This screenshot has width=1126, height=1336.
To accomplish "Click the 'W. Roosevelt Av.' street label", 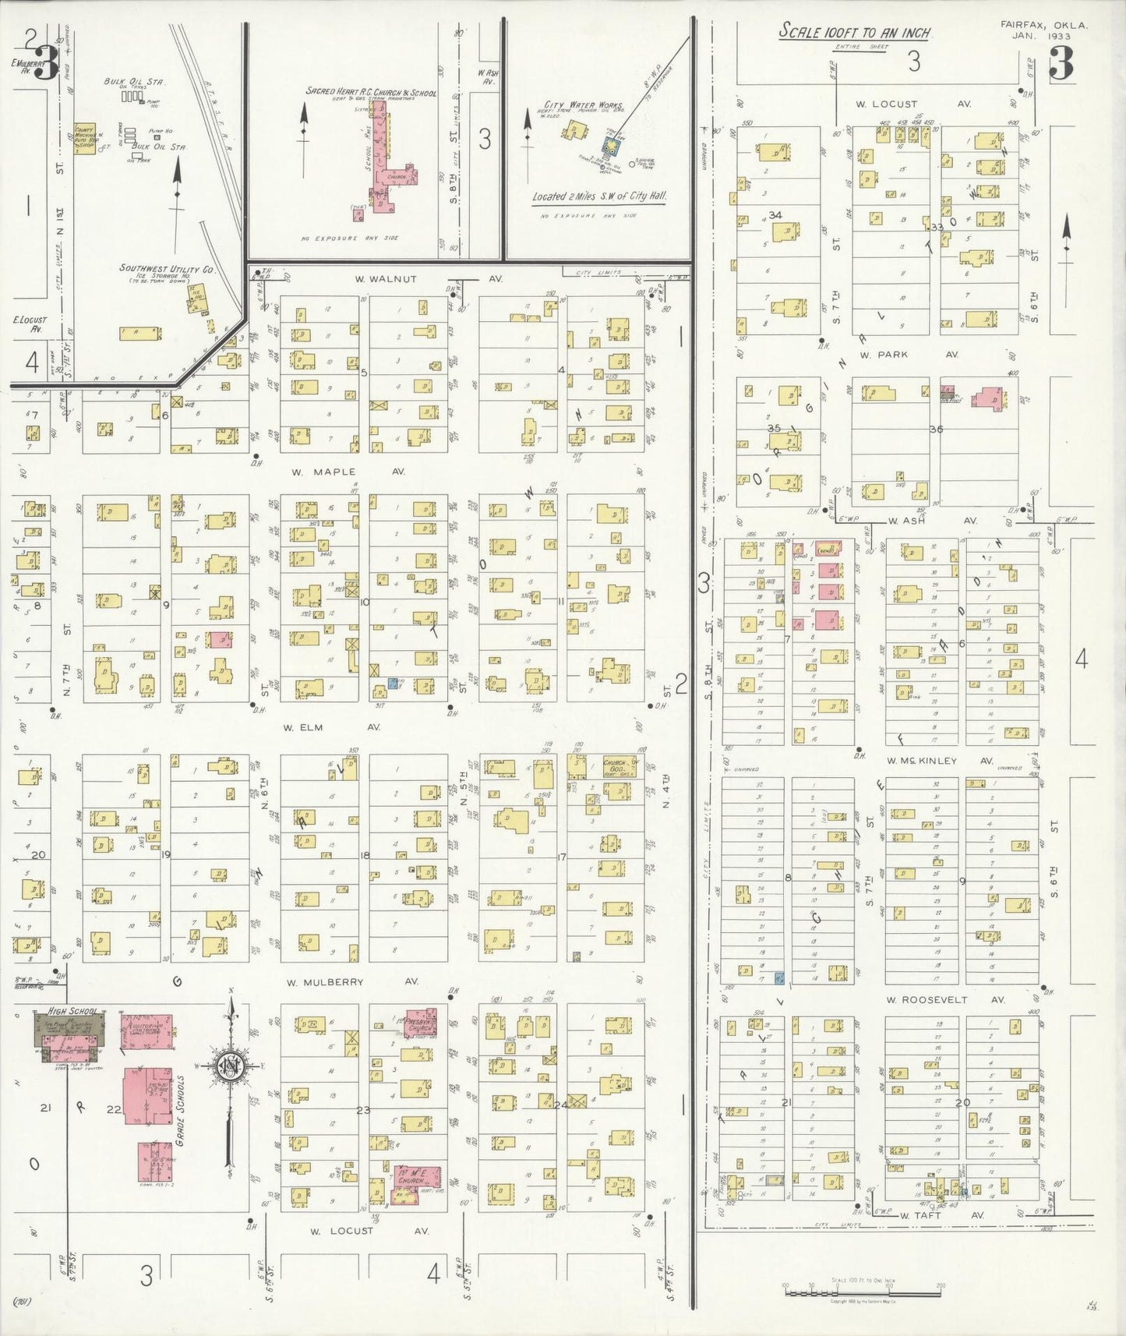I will click(944, 1000).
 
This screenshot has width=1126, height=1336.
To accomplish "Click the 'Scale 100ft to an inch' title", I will click(855, 33).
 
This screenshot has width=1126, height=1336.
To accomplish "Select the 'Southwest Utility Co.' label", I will click(166, 268).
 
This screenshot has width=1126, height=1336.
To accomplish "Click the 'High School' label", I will click(71, 1011).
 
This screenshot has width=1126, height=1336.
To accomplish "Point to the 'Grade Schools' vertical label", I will click(180, 1111).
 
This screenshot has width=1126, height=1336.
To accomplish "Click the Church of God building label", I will click(619, 766).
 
